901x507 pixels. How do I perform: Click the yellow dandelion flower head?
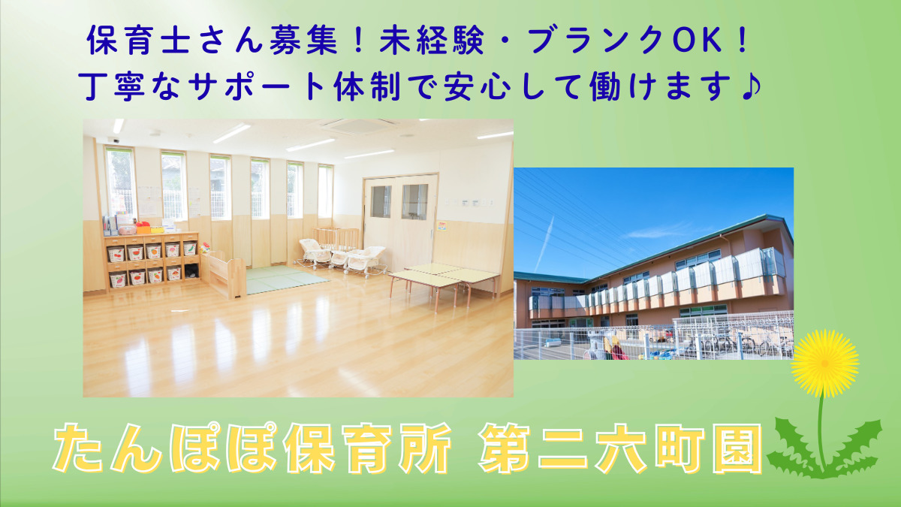825,363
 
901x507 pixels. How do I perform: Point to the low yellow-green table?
442,276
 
